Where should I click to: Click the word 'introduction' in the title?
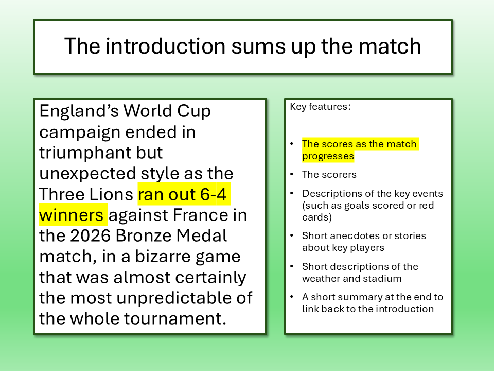[x=165, y=46]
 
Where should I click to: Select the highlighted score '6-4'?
[x=213, y=194]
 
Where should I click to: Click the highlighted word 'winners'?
[x=71, y=215]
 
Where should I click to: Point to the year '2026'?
[x=90, y=235]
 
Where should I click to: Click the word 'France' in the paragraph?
[x=200, y=215]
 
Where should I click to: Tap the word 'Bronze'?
[x=143, y=235]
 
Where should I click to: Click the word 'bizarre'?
[x=160, y=256]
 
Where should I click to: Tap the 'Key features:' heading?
[x=320, y=107]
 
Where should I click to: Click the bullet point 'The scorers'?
[x=329, y=175]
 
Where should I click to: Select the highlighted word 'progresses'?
[x=328, y=156]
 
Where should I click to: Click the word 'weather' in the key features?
[x=320, y=279]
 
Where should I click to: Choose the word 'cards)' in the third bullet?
[x=317, y=217]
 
